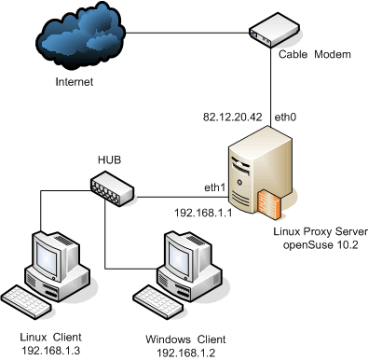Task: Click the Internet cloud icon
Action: (x=81, y=35)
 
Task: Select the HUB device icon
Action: (x=112, y=188)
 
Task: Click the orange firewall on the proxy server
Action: (x=269, y=204)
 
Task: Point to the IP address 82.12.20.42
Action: (x=233, y=118)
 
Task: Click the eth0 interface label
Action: (x=285, y=118)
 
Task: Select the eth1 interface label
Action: (x=214, y=187)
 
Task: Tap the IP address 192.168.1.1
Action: (x=203, y=213)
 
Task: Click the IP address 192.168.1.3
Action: (x=50, y=351)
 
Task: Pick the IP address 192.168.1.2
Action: (x=185, y=353)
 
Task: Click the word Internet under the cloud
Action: (x=75, y=82)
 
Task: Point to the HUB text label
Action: (x=109, y=159)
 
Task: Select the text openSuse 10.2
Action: (x=320, y=245)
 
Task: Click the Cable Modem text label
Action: (x=315, y=54)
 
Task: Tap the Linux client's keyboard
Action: (x=26, y=302)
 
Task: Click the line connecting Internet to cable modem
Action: (x=187, y=33)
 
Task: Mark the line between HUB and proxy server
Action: (x=182, y=197)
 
